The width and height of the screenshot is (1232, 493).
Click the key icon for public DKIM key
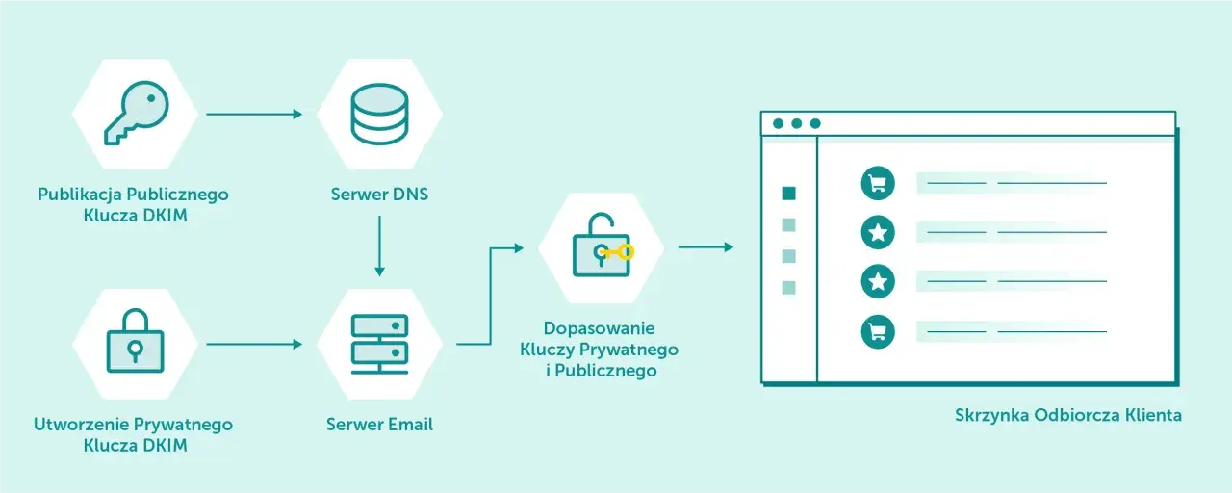136,114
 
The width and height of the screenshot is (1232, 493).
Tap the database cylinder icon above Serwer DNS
379,114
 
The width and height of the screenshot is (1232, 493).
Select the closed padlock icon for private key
136,341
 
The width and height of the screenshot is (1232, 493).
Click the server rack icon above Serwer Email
379,344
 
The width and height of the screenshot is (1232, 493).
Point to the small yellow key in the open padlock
616,252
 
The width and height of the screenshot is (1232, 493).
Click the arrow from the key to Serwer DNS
254,114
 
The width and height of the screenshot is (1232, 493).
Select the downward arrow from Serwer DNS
379,246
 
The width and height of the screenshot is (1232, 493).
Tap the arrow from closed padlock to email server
254,345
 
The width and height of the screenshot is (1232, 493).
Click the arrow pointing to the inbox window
706,247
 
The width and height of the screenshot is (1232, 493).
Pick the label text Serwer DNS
379,195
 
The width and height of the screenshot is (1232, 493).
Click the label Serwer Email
379,425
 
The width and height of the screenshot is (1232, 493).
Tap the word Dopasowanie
599,328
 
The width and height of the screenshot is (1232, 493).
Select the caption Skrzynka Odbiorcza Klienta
1068,415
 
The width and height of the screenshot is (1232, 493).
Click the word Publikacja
80,195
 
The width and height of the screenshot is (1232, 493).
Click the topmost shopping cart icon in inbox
878,183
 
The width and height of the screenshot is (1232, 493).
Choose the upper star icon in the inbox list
878,232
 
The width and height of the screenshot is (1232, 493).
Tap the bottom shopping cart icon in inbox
878,332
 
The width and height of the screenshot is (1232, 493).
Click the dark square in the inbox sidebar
788,194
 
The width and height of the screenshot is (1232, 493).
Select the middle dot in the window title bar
796,123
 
